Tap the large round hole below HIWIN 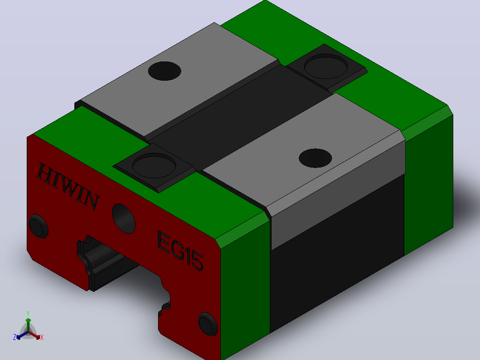[x=124, y=218]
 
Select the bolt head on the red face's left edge [x=39, y=226]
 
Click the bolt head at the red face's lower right [x=208, y=323]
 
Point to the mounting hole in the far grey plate [x=164, y=71]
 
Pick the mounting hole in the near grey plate [x=315, y=158]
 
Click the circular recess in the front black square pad [x=154, y=165]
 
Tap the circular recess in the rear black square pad [x=326, y=66]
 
